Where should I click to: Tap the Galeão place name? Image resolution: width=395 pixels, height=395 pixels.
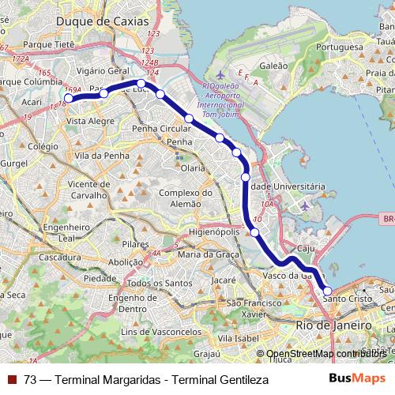coord(273,66)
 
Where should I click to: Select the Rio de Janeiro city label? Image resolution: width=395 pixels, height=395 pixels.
coord(333,325)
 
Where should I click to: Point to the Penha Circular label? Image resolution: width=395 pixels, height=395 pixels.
coord(162,128)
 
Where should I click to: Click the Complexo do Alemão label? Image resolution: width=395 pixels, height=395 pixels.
coord(186,198)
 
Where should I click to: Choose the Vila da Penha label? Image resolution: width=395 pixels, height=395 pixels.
coord(102,156)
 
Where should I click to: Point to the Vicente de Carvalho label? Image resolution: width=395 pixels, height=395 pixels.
coord(94,190)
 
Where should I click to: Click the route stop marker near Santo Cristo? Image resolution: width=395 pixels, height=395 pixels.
coord(328,292)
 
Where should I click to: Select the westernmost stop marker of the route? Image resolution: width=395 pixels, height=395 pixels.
coord(68,99)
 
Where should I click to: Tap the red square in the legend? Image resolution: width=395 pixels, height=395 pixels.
coord(12,380)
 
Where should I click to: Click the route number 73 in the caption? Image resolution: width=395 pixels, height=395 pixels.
coord(30,380)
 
